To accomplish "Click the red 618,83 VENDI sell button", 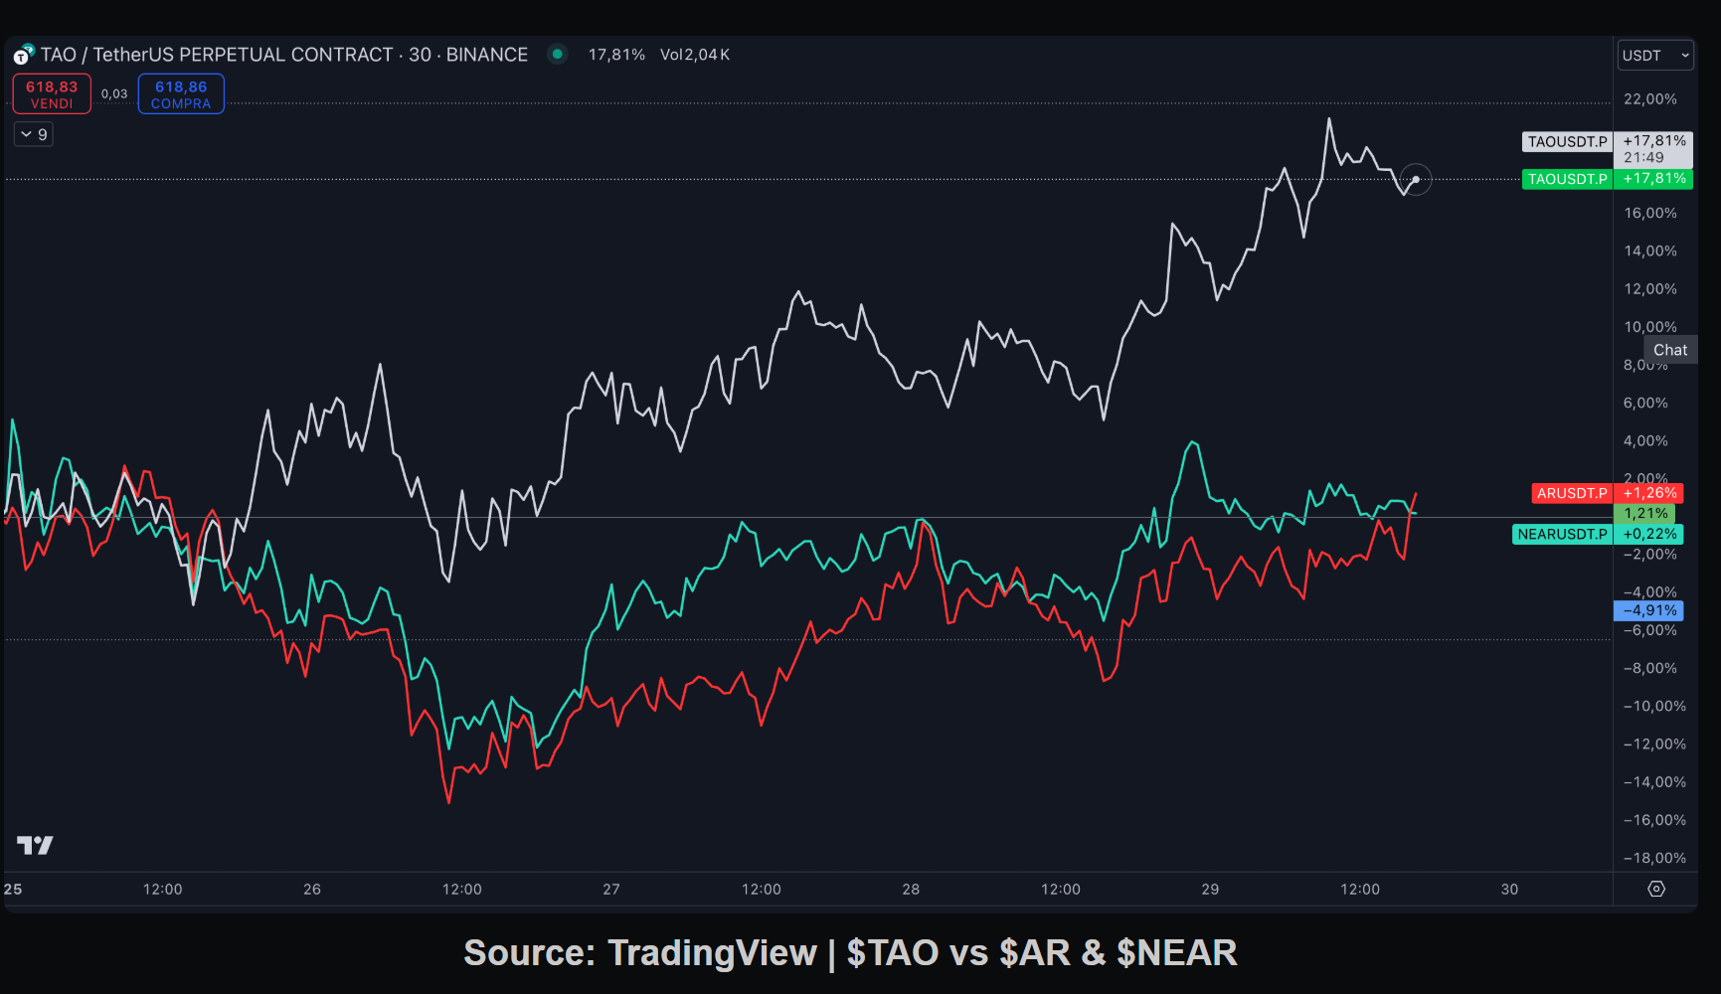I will pos(52,94).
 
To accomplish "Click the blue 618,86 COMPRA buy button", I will pos(181,94).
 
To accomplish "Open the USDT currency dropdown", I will pos(1654,56).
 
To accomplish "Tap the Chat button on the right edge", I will pos(1670,350).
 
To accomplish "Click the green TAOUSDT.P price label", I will pos(1567,179).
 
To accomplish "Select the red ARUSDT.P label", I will pos(1571,493).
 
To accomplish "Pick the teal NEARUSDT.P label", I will pos(1562,534).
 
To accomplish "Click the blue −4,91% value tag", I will pos(1649,610).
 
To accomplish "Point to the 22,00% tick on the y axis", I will pos(1649,99).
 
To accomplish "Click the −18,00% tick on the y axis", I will pos(1654,858).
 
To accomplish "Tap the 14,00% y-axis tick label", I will pos(1649,251).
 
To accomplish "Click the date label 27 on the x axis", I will pos(611,890).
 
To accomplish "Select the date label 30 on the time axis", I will pos(1509,890).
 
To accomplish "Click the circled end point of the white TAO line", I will pos(1416,180).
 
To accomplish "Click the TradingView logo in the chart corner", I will pos(35,845).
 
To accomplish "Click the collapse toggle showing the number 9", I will pos(34,134).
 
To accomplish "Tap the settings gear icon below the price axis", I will pos(1656,889).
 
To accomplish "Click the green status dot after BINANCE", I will pos(558,54).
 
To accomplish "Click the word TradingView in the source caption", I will pos(712,953).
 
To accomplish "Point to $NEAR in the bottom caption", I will pos(1177,953).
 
